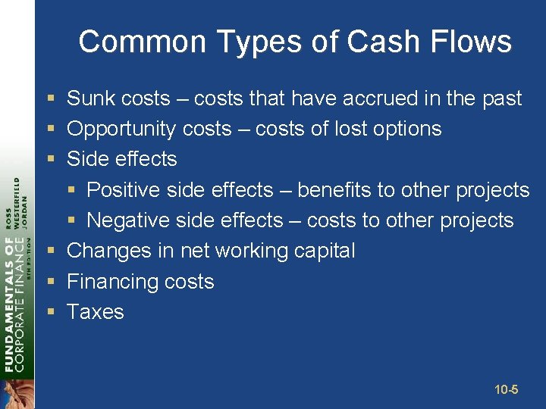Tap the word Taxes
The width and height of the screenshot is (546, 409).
tap(96, 312)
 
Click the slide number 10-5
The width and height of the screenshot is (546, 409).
tap(506, 390)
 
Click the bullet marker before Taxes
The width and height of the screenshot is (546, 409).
tap(50, 312)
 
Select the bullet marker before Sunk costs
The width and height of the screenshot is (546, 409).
tap(50, 98)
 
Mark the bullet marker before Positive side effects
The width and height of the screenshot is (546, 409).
tap(71, 190)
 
